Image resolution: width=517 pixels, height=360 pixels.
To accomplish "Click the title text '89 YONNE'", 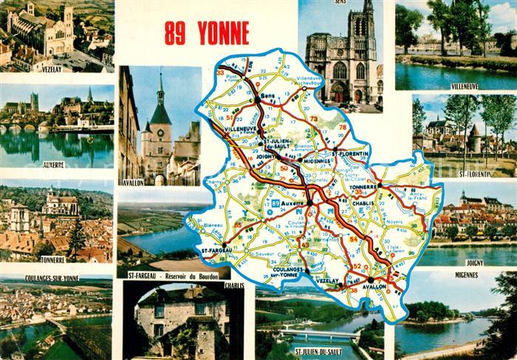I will [206, 33].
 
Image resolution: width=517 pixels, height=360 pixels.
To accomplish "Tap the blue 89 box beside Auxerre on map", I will [275, 203].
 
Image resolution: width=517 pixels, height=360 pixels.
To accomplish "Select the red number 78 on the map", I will [342, 127].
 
